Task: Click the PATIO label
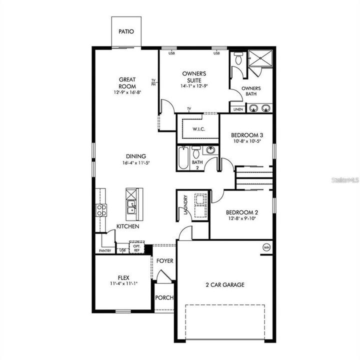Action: [126, 31]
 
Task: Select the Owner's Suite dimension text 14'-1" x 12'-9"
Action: [194, 86]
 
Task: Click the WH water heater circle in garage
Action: [266, 246]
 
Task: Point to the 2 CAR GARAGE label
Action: [225, 285]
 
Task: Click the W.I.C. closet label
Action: [198, 129]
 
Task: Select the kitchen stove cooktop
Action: [101, 210]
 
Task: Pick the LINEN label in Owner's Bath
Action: [237, 109]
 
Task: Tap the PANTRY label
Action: [105, 250]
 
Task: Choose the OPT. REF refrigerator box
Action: [136, 247]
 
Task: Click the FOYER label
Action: [164, 261]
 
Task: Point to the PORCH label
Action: [164, 297]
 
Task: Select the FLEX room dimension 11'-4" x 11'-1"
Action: [123, 283]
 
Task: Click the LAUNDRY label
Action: [185, 205]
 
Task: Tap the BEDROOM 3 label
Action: [247, 135]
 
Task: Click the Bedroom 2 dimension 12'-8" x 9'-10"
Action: [242, 218]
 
